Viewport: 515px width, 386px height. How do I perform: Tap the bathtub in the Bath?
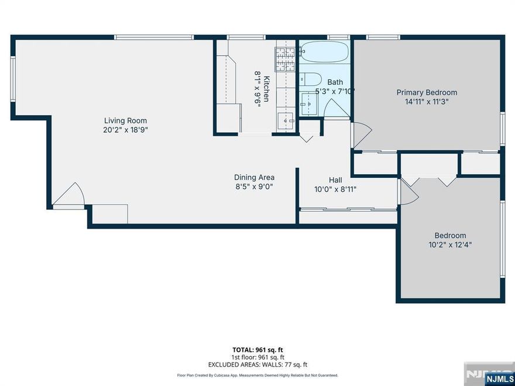(325, 53)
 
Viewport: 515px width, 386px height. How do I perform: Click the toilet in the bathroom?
(310, 79)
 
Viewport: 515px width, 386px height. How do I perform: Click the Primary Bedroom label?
(427, 92)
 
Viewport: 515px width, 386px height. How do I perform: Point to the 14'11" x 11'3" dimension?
(427, 102)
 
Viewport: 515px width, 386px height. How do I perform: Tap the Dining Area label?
(254, 177)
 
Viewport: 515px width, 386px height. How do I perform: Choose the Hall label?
(335, 180)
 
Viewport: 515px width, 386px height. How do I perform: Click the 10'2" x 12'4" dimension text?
(450, 245)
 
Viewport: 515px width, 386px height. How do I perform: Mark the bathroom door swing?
(335, 109)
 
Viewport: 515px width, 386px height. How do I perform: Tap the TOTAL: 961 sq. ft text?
(257, 349)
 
